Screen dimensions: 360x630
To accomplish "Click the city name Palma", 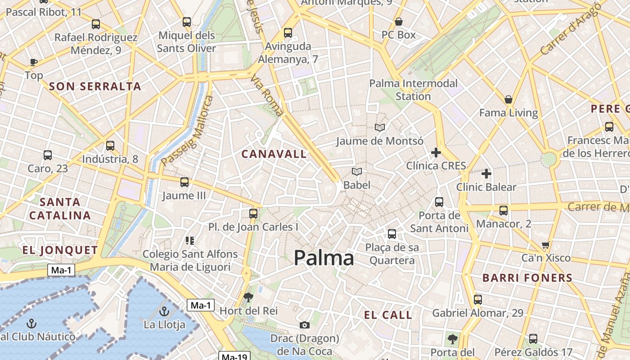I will tap(324, 258).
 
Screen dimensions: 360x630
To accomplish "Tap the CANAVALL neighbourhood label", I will tap(274, 154).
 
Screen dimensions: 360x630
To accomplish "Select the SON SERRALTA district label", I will tap(95, 86).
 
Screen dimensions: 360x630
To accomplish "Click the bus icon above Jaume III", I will tap(184, 182).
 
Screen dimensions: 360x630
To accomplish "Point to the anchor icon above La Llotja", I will tap(164, 311).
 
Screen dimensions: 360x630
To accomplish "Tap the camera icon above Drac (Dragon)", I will tap(305, 325).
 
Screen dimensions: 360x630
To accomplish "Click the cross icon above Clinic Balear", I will tap(486, 173).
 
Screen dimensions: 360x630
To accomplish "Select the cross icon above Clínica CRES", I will tap(436, 153).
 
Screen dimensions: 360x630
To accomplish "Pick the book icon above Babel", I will tap(357, 171).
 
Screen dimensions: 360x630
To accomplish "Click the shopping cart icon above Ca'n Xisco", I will tap(546, 245).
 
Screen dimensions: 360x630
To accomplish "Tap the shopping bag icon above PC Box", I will tap(398, 22).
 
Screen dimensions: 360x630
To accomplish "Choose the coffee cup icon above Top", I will tap(33, 62).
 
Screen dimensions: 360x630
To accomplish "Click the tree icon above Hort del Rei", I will tap(248, 297).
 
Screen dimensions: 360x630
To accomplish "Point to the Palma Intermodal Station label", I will tap(413, 90).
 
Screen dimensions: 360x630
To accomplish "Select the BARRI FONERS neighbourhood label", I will tap(527, 278).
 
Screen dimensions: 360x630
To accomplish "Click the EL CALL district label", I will tap(388, 315).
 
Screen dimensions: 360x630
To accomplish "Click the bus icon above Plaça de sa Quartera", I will tap(392, 234).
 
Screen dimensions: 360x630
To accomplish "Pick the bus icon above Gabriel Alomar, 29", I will tap(478, 299).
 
